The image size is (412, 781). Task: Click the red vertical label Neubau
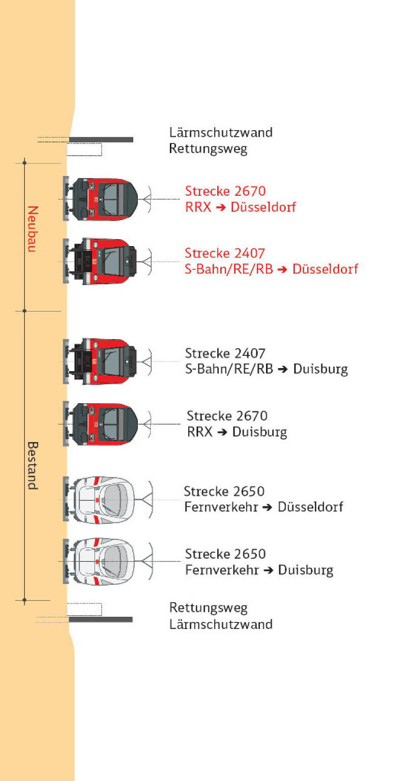tap(33, 229)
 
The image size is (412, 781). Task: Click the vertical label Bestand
tap(33, 465)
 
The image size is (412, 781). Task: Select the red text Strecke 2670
tap(225, 191)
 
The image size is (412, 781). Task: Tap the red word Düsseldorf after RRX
tap(263, 207)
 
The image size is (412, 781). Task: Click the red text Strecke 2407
tap(225, 253)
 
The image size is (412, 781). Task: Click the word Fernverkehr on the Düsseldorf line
tap(221, 506)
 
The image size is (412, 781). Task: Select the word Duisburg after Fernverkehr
tap(306, 570)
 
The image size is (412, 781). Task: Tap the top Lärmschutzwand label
tap(221, 133)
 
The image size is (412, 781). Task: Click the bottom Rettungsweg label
tap(208, 608)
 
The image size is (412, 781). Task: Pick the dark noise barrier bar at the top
tap(101, 140)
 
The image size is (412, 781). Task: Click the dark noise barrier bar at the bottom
tap(101, 620)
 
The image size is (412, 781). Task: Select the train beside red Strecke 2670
tap(101, 199)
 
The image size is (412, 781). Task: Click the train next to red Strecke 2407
tap(100, 261)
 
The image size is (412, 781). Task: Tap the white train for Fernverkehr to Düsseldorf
tap(99, 500)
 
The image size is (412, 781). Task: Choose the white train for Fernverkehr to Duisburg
tap(99, 562)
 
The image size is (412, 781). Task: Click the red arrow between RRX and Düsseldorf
tap(221, 208)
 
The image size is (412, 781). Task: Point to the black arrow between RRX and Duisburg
tap(223, 432)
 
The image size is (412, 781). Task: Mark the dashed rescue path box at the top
tap(84, 149)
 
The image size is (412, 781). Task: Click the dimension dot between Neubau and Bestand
tap(24, 311)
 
